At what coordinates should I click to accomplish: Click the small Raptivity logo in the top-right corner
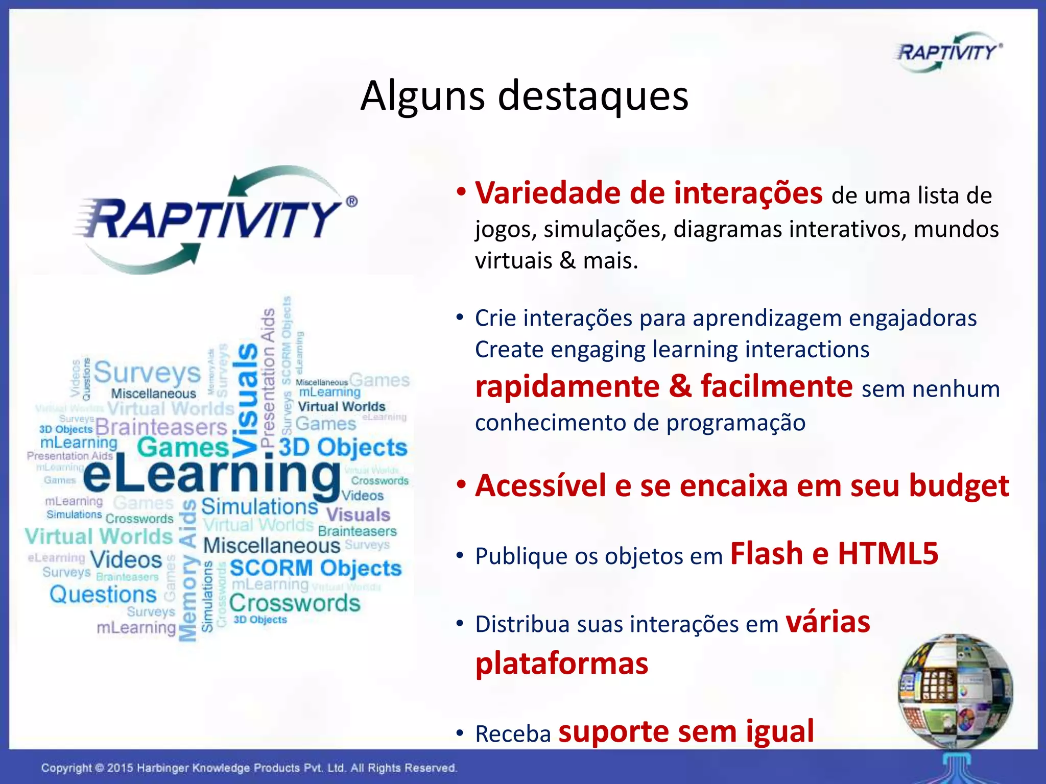tap(948, 52)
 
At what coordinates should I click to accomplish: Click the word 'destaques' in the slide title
tap(593, 96)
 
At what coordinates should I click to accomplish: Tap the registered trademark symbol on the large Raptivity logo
tap(352, 201)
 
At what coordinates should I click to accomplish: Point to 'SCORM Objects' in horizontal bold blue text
tap(316, 568)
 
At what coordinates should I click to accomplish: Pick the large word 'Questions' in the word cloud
tap(103, 595)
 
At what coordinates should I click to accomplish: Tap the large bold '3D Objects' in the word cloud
tap(343, 448)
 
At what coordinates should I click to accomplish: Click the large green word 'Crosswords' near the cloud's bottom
tap(295, 603)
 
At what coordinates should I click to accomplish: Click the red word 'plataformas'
tap(561, 664)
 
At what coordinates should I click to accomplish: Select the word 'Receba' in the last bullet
tap(513, 734)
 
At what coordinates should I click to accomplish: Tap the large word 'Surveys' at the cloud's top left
tap(148, 373)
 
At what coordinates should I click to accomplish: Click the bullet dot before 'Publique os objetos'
tap(460, 555)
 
